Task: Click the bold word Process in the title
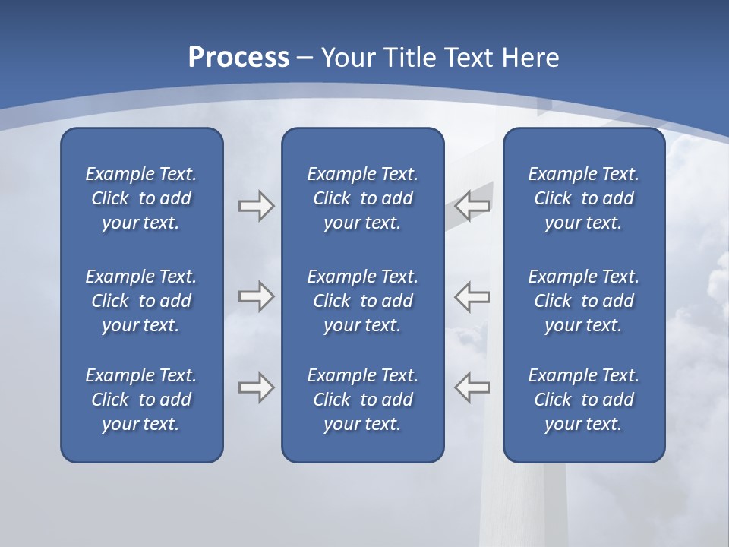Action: point(238,58)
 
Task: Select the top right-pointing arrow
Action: point(256,205)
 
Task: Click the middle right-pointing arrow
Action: point(256,296)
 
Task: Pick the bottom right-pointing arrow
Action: point(256,387)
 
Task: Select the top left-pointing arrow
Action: point(472,205)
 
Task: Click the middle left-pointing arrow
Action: point(472,296)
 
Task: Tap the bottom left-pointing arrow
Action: point(472,387)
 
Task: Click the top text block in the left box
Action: point(141,198)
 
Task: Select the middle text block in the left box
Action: point(141,301)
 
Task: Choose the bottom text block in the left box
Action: point(141,400)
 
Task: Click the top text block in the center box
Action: point(363,198)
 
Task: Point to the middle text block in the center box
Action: point(363,301)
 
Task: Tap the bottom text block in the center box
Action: point(363,400)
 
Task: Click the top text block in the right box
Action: point(584,198)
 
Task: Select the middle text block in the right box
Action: point(584,301)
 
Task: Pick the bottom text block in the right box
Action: point(584,400)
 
